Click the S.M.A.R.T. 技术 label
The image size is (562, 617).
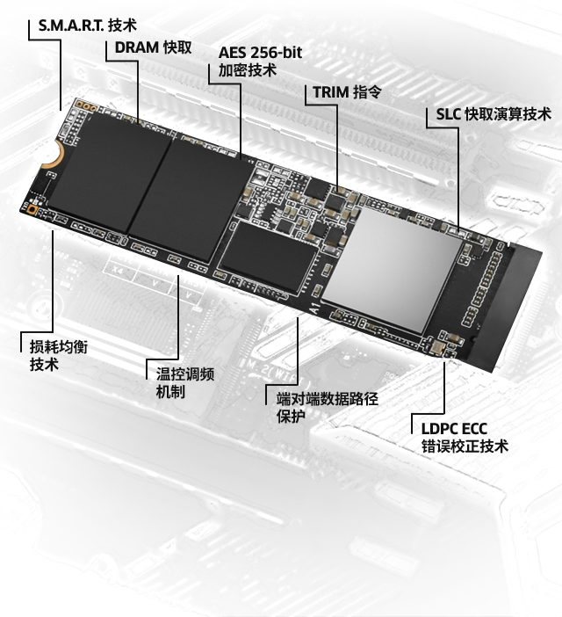[88, 25]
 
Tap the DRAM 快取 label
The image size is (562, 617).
[154, 47]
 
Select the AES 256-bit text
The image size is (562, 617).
[260, 53]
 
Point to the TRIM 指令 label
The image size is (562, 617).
[347, 92]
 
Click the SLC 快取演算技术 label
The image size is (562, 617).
[494, 114]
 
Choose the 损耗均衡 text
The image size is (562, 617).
[59, 346]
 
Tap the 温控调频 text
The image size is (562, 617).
[185, 374]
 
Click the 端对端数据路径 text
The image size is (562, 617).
[328, 399]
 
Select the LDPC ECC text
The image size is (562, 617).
[454, 429]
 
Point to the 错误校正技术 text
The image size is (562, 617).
[465, 446]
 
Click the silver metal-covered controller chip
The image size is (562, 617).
[392, 267]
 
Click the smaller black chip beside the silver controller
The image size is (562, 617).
[269, 257]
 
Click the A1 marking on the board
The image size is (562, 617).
[316, 307]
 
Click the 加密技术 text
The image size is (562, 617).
[248, 70]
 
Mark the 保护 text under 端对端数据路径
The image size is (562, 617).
[291, 417]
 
